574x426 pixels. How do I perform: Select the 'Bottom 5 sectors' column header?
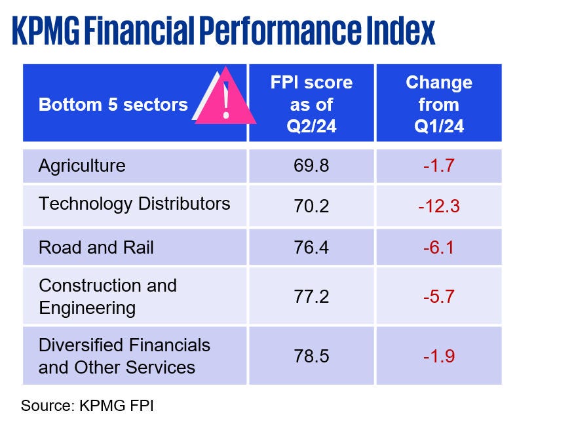coord(113,104)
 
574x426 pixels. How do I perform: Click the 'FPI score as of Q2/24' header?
coord(311,104)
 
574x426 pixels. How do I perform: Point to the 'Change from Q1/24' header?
coord(438,104)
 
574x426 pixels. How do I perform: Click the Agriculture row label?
coord(82,165)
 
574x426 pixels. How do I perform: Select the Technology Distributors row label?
coord(134,203)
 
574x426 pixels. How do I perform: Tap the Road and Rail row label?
coord(96,248)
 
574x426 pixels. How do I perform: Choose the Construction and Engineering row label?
coord(107,296)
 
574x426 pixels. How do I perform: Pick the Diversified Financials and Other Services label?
coord(124,356)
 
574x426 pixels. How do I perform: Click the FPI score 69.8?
coord(311,165)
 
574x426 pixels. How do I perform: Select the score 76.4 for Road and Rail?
coord(311,248)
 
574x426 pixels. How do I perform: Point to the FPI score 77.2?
coord(311,296)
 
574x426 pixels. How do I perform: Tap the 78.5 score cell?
coord(311,356)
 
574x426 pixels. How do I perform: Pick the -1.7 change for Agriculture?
coord(438,165)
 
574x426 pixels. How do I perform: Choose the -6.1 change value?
coord(438,248)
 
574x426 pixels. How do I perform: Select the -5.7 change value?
coord(438,296)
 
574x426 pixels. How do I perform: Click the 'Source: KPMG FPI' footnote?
coord(87,405)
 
